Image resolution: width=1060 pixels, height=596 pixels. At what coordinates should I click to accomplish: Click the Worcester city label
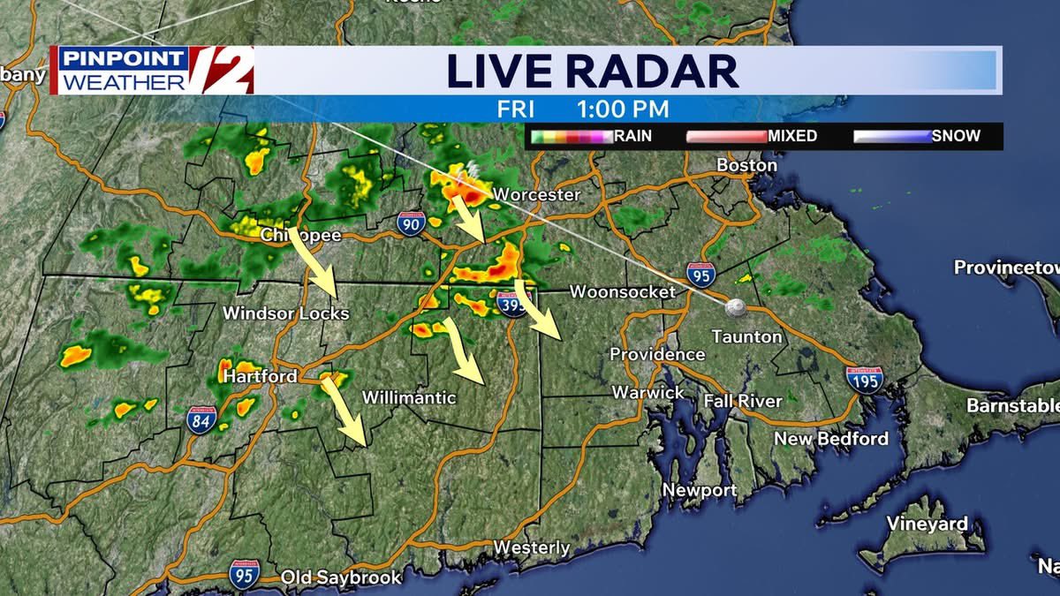(x=536, y=194)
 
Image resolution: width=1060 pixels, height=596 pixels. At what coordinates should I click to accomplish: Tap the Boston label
(x=746, y=165)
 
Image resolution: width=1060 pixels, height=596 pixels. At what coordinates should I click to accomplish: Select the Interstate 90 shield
(x=410, y=223)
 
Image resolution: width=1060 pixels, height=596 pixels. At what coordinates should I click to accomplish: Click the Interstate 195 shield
(x=863, y=379)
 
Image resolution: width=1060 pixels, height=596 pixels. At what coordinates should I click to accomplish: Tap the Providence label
(x=657, y=354)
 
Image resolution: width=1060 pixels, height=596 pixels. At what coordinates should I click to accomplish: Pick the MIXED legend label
(x=791, y=136)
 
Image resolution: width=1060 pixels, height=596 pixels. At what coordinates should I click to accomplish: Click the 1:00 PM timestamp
(x=623, y=109)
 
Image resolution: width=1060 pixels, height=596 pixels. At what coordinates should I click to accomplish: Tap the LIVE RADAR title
(x=592, y=72)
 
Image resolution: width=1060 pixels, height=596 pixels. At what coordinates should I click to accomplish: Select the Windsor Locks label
(x=285, y=313)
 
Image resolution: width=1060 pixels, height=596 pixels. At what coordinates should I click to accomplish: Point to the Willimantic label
(x=409, y=398)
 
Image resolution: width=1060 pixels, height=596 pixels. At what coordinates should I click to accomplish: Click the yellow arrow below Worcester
(x=467, y=219)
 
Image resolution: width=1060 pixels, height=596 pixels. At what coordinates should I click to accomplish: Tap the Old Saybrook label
(x=341, y=577)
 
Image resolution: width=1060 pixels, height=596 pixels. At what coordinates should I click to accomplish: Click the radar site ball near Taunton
(x=735, y=307)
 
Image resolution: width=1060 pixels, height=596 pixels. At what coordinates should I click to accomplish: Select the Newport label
(x=700, y=490)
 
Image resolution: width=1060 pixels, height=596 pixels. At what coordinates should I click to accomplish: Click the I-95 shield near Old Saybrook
(x=245, y=574)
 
